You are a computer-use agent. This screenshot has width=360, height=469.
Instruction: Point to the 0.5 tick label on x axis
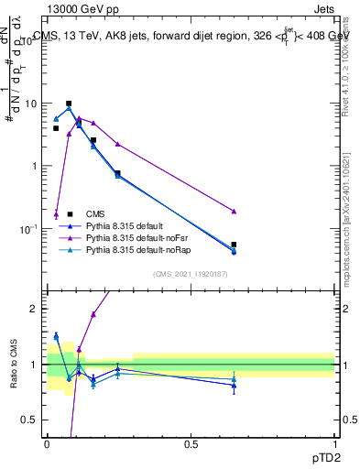click(191, 444)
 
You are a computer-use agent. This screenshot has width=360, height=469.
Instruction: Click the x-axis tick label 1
click(334, 444)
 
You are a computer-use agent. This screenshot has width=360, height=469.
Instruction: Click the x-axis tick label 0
click(48, 444)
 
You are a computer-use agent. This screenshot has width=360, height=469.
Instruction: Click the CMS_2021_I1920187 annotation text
click(190, 274)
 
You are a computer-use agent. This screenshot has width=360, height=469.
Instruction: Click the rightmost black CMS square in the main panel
click(234, 245)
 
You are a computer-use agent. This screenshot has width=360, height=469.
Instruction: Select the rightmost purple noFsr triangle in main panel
click(234, 212)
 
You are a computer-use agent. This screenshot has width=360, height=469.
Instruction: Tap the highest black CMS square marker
click(69, 104)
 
